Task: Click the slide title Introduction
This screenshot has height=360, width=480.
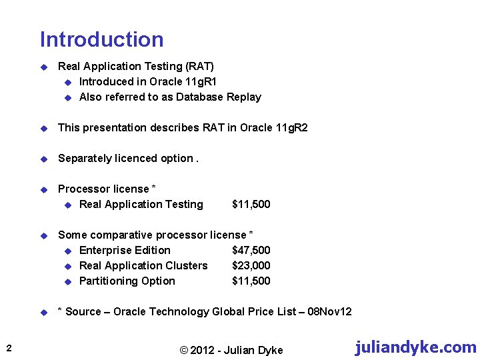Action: [101, 39]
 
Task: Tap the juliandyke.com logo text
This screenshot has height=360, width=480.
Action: [415, 347]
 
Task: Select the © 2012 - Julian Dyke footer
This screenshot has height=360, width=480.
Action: [231, 350]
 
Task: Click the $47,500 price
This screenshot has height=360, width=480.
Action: [251, 250]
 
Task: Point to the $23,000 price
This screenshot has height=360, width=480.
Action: [251, 265]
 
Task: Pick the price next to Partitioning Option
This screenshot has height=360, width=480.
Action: [251, 281]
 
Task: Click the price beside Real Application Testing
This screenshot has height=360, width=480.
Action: [251, 204]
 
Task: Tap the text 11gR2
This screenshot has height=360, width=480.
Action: [291, 127]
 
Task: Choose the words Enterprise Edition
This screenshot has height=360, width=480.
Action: [125, 250]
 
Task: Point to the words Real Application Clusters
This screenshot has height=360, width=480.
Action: [143, 265]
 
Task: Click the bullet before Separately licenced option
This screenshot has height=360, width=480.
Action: [43, 159]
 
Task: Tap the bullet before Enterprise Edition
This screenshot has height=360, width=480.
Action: [67, 251]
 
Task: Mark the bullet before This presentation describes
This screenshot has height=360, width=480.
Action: [43, 128]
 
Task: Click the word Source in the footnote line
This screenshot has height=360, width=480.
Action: [84, 311]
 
